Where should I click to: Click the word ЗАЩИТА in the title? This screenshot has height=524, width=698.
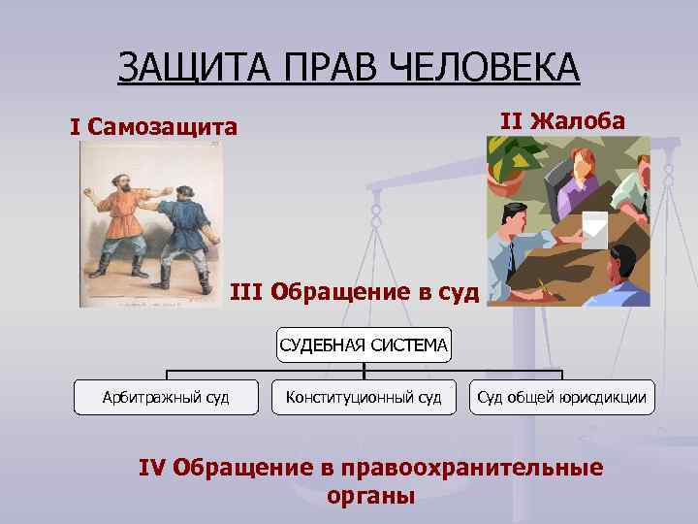pyautogui.click(x=182, y=68)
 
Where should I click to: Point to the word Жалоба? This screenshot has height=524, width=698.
pyautogui.click(x=577, y=121)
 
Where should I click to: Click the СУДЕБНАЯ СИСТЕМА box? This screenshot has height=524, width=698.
pyautogui.click(x=364, y=343)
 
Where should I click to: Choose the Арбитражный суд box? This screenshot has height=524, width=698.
pyautogui.click(x=166, y=397)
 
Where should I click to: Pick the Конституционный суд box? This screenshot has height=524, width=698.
pyautogui.click(x=364, y=397)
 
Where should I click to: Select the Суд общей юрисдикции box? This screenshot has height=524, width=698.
pyautogui.click(x=561, y=397)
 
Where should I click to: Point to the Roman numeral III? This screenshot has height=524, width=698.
pyautogui.click(x=247, y=291)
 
